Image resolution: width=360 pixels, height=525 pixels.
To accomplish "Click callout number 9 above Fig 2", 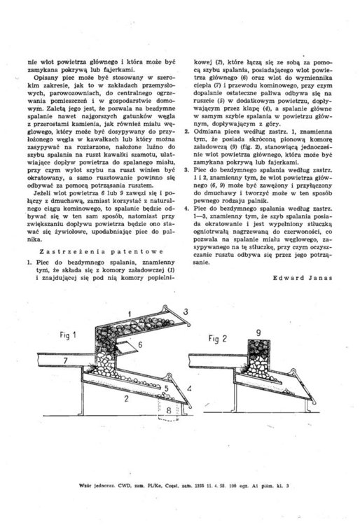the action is [x=258, y=330].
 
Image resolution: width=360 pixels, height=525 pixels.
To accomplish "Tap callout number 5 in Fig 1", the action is [x=165, y=386].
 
